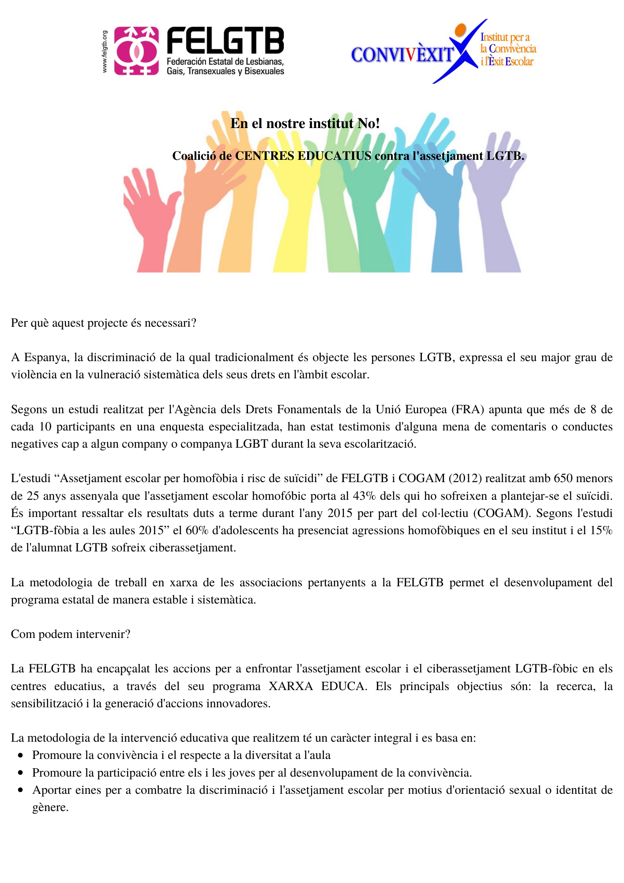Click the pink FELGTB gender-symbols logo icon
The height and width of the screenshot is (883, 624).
point(136,51)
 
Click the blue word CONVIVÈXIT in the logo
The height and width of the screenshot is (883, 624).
point(402,55)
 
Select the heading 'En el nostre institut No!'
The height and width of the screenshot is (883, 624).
point(305,123)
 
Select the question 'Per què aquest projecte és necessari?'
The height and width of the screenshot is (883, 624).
point(104,323)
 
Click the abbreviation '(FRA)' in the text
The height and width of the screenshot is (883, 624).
point(467,409)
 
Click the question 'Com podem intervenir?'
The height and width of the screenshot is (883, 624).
point(71,634)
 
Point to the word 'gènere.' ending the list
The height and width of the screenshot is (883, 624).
point(50,808)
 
